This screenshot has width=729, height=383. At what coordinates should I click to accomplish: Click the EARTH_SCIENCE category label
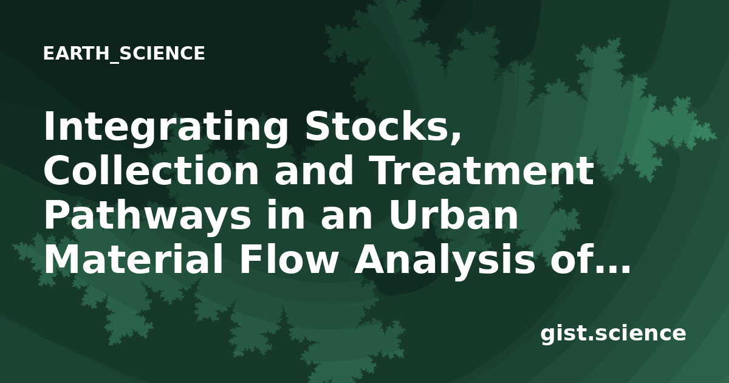[x=124, y=53]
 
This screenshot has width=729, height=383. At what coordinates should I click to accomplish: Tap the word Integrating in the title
[x=166, y=128]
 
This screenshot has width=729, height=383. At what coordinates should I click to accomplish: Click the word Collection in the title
[x=151, y=170]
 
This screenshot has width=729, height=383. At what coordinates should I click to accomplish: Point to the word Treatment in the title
[x=484, y=170]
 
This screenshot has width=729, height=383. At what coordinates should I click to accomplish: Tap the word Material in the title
[x=134, y=258]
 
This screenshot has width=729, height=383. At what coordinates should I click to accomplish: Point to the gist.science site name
[x=613, y=334]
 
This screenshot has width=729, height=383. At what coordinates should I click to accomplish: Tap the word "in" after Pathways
[x=286, y=214]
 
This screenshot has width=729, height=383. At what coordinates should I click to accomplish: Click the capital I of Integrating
[x=49, y=126]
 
